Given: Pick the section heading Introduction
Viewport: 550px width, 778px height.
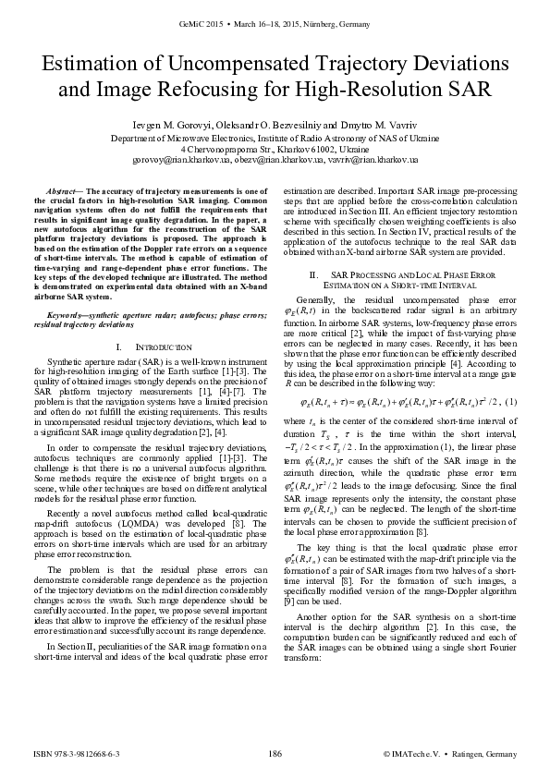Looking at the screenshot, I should click(161, 346).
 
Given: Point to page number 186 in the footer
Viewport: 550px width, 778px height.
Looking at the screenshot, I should click(274, 755).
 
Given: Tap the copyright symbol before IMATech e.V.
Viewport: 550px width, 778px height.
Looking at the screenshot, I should click(388, 755).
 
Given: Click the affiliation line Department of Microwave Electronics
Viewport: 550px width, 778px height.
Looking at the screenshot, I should click(275, 137).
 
